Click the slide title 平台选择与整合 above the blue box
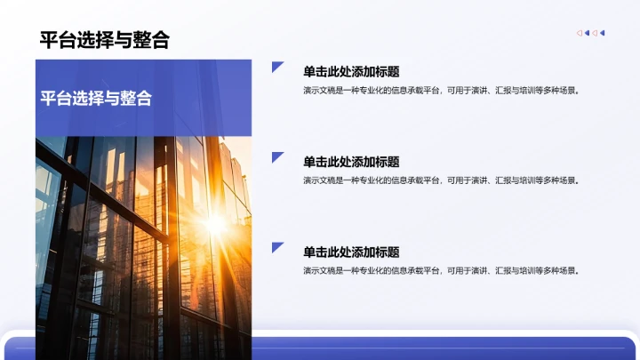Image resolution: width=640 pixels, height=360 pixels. [104, 40]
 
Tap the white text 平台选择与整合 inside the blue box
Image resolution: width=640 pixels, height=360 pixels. [96, 98]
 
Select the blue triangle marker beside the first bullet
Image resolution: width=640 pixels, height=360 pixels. [276, 68]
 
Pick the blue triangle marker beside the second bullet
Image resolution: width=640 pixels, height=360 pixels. [276, 157]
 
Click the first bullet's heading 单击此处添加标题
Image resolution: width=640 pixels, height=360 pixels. [351, 72]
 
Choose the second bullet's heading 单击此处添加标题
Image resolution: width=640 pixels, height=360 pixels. [351, 162]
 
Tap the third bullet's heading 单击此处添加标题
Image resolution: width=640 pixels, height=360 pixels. [351, 252]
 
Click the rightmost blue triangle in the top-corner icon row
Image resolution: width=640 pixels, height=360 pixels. [603, 33]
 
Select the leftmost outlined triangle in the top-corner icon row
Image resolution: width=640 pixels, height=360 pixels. [579, 33]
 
